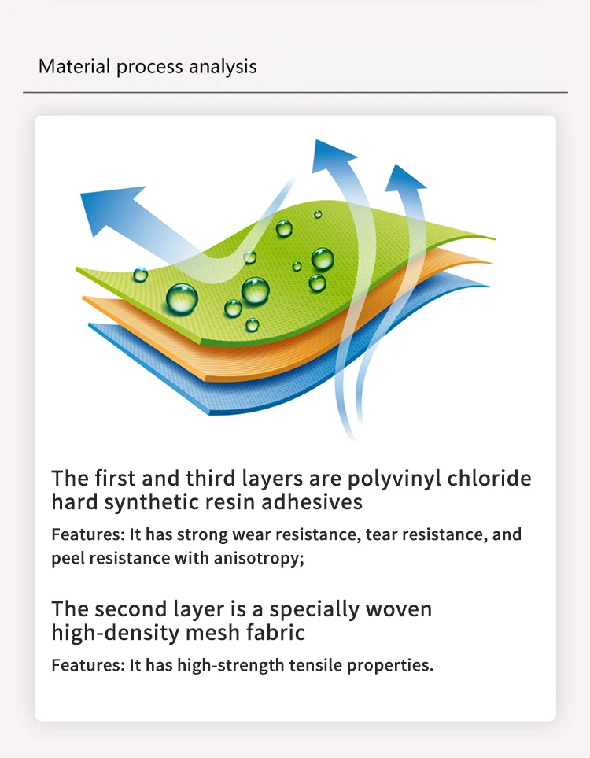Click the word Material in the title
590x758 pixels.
(x=75, y=66)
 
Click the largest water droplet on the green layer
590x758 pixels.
(x=182, y=298)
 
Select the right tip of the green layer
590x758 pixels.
(x=494, y=238)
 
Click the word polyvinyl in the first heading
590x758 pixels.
(x=394, y=479)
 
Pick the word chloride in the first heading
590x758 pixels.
(x=489, y=478)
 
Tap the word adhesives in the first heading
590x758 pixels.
(x=312, y=501)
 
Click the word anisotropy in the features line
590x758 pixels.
(x=259, y=558)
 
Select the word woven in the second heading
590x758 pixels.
(x=399, y=609)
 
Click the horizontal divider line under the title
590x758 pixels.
(x=295, y=92)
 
